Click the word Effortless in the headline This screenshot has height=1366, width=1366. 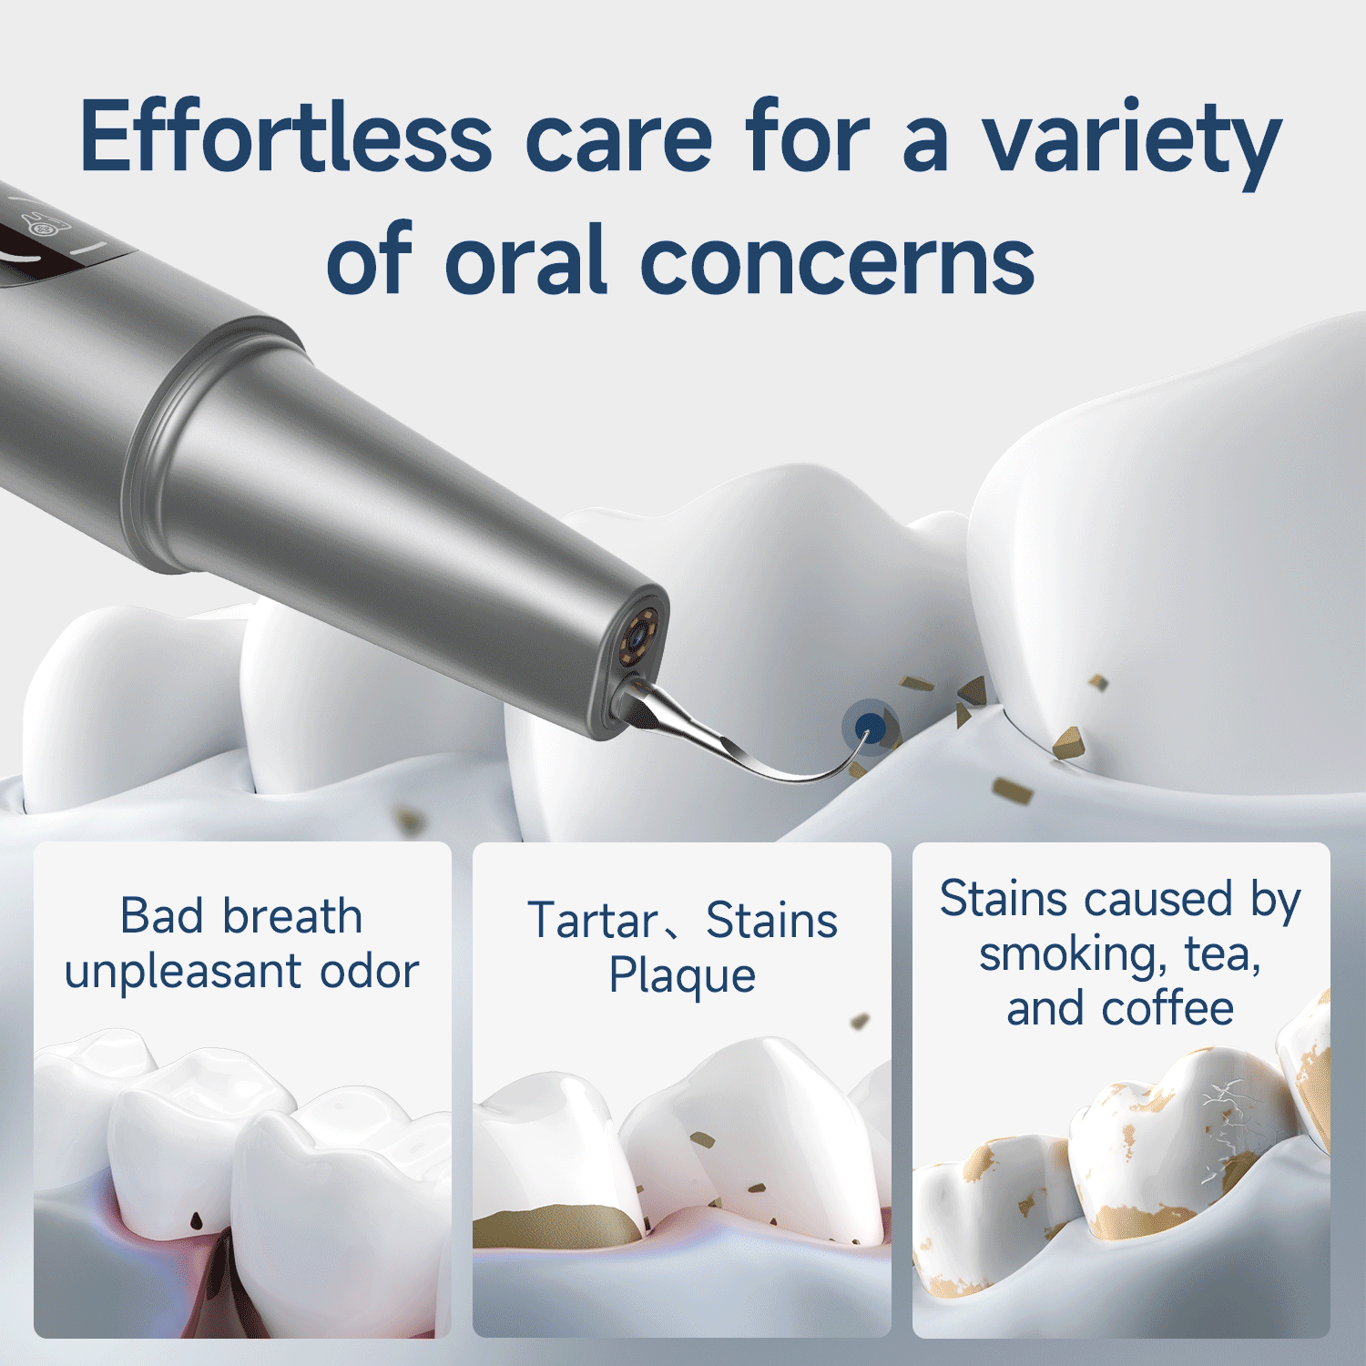pyautogui.click(x=286, y=138)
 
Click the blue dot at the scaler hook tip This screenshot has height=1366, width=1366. pyautogui.click(x=871, y=726)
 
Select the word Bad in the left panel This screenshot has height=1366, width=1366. pyautogui.click(x=164, y=916)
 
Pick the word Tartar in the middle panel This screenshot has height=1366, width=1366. pyautogui.click(x=593, y=921)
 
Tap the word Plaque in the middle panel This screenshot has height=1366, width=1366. pyautogui.click(x=682, y=976)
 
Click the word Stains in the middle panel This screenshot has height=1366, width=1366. pyautogui.click(x=771, y=921)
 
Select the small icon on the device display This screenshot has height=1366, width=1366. pyautogui.click(x=36, y=224)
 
